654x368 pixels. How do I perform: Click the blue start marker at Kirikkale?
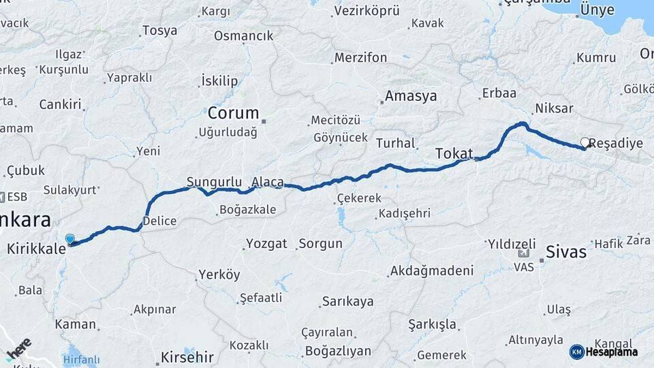69,239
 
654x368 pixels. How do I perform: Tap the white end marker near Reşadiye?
585,142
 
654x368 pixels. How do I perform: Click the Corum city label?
234,113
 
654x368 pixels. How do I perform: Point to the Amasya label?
411,96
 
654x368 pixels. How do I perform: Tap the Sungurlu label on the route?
215,182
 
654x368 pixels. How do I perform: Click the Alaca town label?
267,182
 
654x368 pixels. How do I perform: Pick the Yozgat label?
266,243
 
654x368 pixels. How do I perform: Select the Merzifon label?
361,58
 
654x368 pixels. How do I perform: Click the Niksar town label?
554,108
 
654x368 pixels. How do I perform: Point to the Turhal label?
395,143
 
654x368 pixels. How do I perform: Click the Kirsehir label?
187,357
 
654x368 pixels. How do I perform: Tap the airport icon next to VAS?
524,253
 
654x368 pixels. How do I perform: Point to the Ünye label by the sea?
597,10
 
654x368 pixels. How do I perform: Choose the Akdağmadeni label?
431,271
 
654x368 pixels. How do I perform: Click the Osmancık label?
243,35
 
